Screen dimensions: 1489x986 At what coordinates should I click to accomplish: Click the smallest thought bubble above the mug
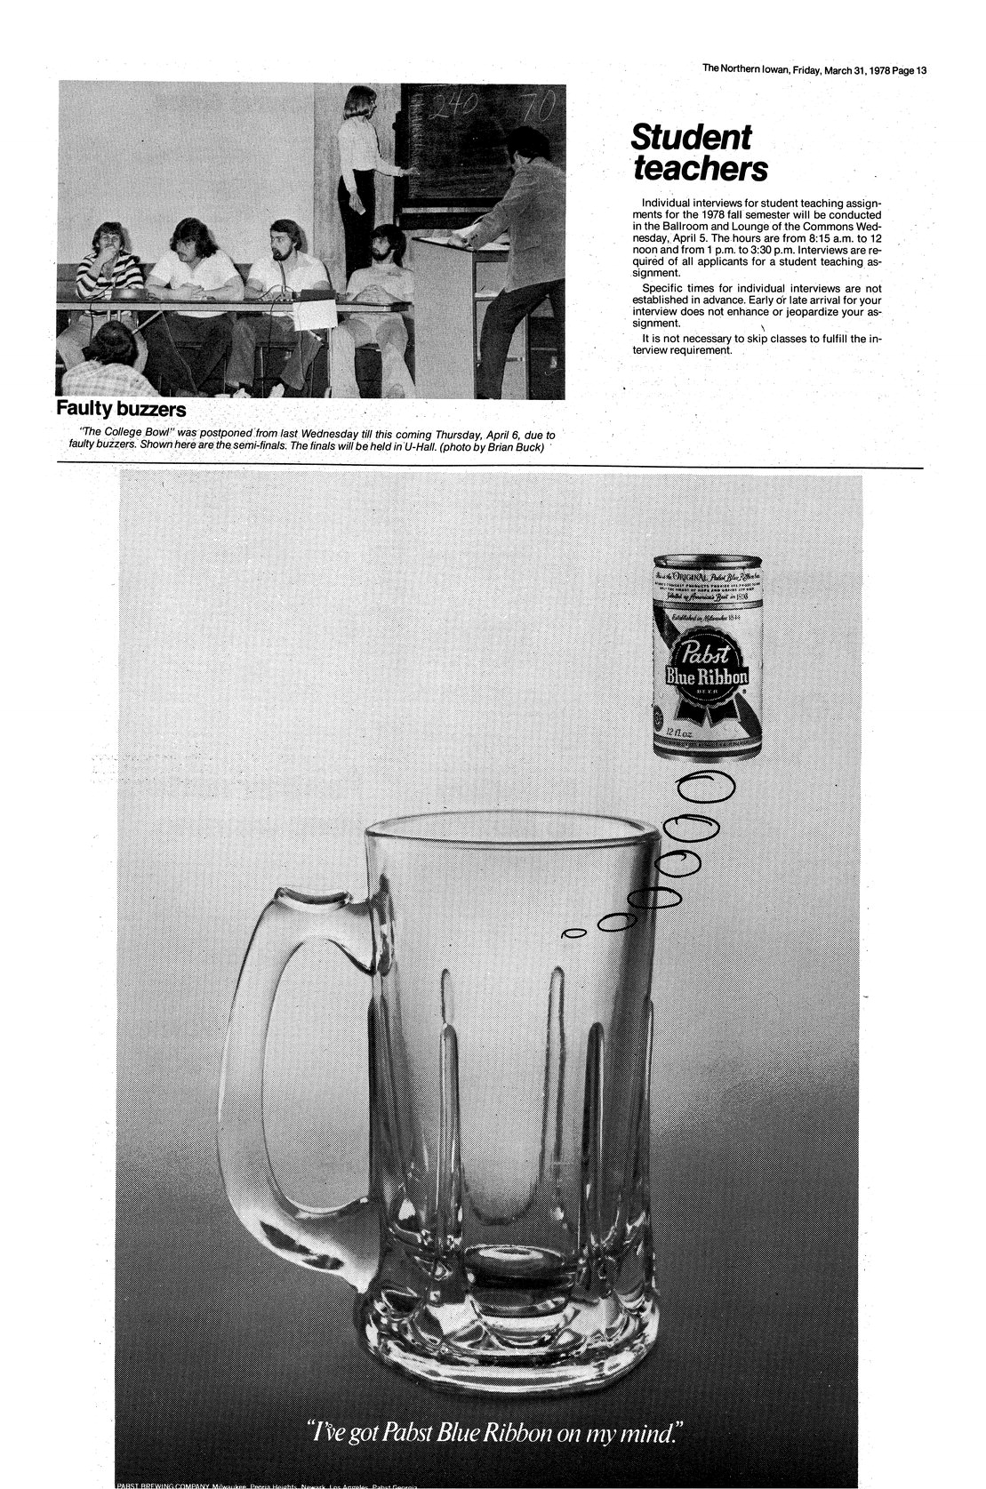point(574,933)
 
